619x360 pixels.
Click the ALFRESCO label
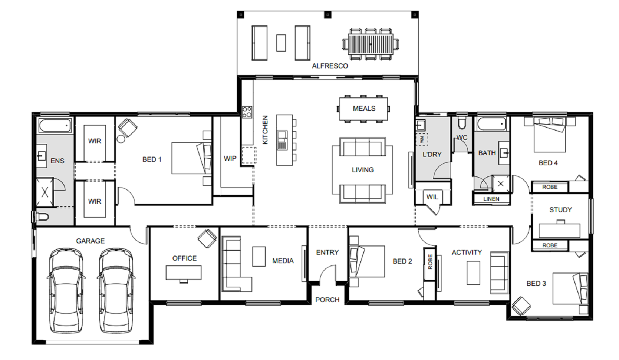330,66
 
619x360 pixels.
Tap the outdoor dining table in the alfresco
371,44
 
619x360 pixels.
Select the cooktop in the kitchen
247,112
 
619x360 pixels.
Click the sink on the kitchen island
282,140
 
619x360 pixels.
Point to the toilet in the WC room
462,123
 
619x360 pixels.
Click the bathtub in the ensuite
55,126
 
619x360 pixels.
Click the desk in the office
184,273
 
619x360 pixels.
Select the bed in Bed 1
191,158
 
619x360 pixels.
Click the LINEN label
491,199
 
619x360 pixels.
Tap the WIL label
432,197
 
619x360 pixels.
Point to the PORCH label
328,300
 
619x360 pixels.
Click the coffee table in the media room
259,257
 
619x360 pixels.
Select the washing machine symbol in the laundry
422,139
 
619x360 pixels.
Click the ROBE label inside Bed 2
430,262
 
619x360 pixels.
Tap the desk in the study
560,231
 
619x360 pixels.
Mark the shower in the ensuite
45,192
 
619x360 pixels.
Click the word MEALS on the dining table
364,109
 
